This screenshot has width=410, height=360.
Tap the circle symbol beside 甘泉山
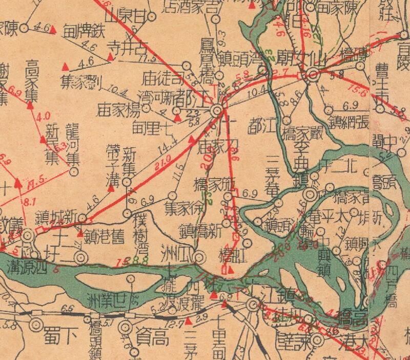pos(152,16)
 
